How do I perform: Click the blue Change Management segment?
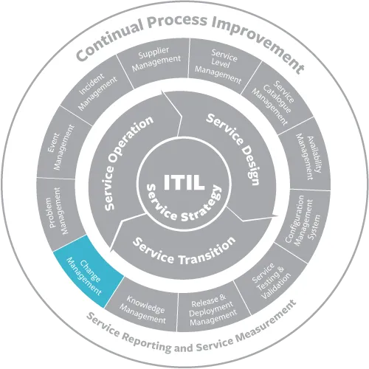86,273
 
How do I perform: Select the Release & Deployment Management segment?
213,310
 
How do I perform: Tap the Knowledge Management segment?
142,308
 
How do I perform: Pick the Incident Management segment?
97,92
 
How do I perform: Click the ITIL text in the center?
184,182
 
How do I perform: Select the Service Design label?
235,148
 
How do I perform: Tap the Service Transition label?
184,251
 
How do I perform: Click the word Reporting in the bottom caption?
148,342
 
